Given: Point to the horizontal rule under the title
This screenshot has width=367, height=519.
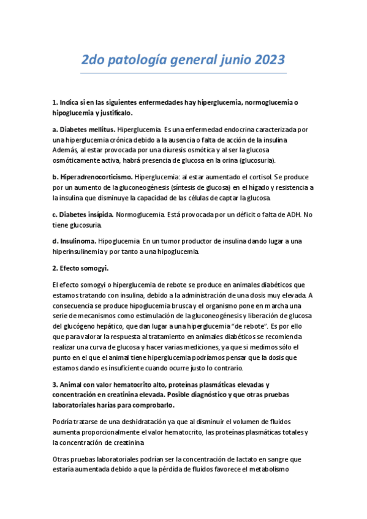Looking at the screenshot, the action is [183, 73].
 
